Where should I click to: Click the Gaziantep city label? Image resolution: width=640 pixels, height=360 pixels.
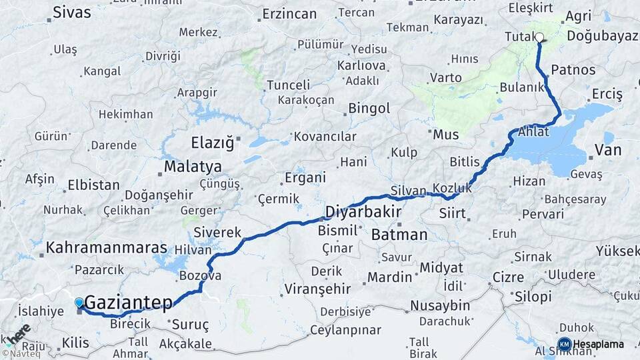[x=129, y=302]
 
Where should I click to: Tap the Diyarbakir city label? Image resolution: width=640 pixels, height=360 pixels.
[x=363, y=212]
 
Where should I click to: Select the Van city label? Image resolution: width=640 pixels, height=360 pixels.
[x=607, y=150]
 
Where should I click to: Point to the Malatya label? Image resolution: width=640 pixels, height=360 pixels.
[x=193, y=166]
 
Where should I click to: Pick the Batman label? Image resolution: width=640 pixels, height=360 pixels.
[x=399, y=234]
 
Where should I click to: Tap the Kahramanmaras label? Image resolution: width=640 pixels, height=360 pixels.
[x=106, y=248]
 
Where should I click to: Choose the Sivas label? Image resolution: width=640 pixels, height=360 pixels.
[x=71, y=11]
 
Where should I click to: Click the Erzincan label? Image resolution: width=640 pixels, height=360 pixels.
[x=289, y=13]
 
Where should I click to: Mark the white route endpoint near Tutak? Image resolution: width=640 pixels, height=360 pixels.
[x=539, y=38]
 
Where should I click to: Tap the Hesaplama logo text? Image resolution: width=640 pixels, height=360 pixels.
[x=598, y=344]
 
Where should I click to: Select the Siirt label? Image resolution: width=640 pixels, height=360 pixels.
[x=453, y=214]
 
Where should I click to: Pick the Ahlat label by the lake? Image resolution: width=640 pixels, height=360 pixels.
[x=533, y=131]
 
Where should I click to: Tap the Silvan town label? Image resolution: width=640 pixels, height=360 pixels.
[x=408, y=191]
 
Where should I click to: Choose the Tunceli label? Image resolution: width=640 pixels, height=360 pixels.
[x=288, y=85]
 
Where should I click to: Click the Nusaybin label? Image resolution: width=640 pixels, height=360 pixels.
[x=439, y=305]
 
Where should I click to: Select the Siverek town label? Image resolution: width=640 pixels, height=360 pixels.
[x=217, y=232]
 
